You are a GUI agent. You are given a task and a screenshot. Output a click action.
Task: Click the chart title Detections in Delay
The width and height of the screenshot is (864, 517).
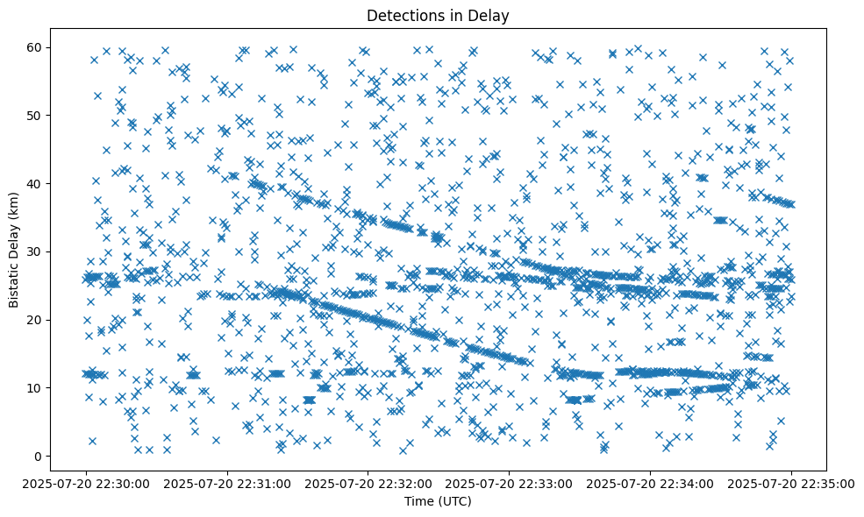coord(438,15)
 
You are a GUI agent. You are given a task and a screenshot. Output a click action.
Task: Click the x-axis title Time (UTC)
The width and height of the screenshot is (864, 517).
coord(438,501)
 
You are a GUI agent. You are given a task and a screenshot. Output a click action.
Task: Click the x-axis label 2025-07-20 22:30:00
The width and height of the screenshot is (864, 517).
coord(86,483)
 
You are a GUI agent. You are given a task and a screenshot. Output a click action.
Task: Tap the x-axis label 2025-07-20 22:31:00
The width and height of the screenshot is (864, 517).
coord(227,483)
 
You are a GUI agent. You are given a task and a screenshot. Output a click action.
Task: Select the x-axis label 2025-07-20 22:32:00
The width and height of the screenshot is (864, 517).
coord(368,483)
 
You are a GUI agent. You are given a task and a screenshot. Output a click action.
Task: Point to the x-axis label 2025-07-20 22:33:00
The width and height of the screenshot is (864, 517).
coord(510,483)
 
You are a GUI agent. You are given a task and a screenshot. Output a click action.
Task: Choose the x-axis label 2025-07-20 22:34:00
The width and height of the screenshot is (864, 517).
coord(651,483)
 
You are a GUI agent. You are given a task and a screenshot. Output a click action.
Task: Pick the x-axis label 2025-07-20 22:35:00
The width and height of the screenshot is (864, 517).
coord(792,483)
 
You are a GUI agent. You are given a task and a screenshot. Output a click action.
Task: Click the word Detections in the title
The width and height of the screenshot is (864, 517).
coord(403,15)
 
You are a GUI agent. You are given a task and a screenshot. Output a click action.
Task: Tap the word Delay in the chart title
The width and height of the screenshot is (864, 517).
coord(491,15)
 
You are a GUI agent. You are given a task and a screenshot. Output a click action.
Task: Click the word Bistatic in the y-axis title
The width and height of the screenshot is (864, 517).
coord(14,279)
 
